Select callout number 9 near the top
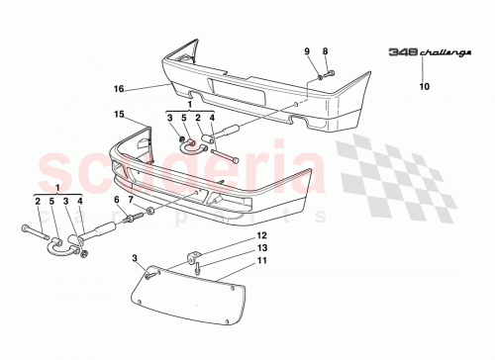pos(307,50)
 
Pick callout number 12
pos(261,235)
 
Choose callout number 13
pos(261,247)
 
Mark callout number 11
pos(261,260)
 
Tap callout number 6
pos(116,200)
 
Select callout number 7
pos(131,200)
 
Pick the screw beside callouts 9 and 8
pos(327,71)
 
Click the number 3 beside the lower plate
pos(136,258)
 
